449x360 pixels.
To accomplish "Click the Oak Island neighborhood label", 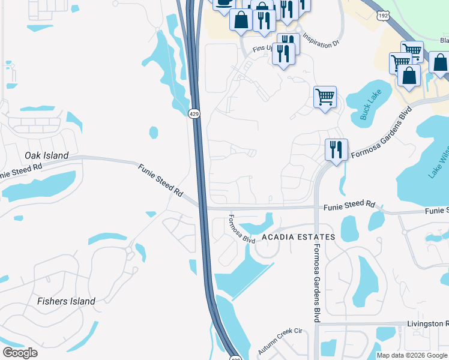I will click(x=46, y=155).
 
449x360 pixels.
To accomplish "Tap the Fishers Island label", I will click(x=66, y=301).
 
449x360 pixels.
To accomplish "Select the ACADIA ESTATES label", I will click(x=297, y=238).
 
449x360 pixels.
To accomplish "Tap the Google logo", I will click(x=20, y=353).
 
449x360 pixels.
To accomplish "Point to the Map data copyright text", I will click(x=412, y=355).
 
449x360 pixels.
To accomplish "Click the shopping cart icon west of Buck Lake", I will click(x=325, y=96).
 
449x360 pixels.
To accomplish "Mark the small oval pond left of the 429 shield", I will click(x=154, y=131).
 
